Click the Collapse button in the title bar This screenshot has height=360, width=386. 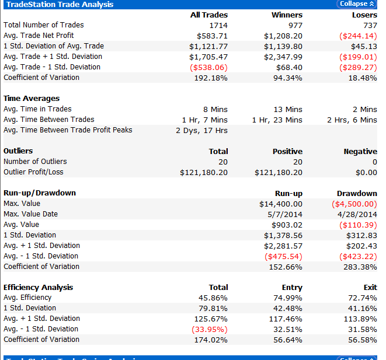point(357,4)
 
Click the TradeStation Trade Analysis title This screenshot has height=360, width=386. point(60,5)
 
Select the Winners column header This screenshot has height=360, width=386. point(287,15)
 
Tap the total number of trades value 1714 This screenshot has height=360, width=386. point(218,25)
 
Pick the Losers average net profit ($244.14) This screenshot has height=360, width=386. point(358,36)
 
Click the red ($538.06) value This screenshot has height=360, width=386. point(208,67)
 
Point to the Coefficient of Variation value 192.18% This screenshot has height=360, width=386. point(211,78)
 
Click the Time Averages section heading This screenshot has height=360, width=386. point(32,99)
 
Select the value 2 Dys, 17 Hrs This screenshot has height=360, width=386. point(201,130)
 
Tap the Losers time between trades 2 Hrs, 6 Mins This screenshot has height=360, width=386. point(352,120)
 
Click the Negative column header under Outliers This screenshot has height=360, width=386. point(360,152)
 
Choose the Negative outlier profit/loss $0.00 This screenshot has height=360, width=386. point(366,172)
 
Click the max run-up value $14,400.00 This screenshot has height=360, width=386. point(281,204)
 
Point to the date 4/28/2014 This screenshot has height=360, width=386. point(357,215)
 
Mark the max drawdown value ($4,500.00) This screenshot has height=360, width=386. point(354,204)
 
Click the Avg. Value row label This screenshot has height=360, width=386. point(21,225)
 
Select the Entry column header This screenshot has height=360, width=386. point(292,288)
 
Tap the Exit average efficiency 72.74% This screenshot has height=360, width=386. point(363,298)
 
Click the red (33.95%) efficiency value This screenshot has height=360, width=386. point(210,329)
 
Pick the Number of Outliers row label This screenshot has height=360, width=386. point(35,161)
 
